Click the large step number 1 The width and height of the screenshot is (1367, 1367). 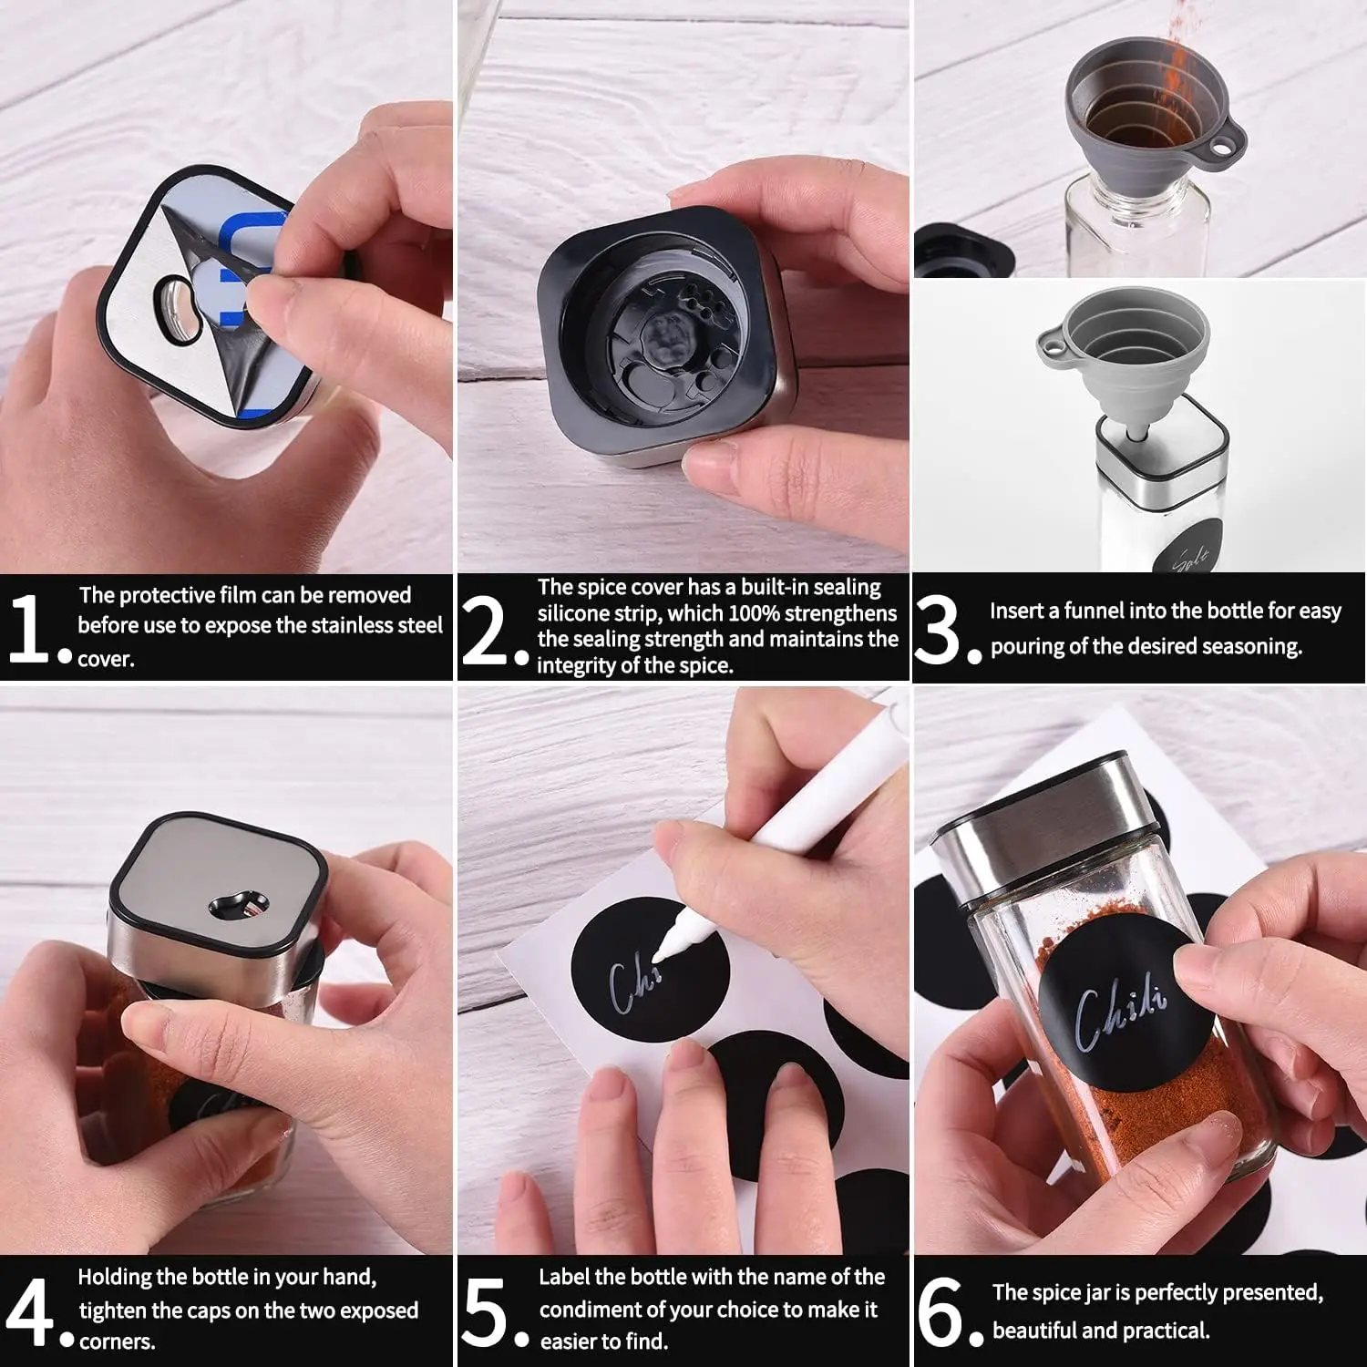(x=29, y=628)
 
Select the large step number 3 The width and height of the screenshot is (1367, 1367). (x=937, y=629)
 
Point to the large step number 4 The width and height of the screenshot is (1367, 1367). (x=30, y=1311)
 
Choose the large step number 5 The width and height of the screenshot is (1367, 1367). (x=484, y=1311)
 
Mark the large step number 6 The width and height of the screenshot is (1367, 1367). (x=940, y=1311)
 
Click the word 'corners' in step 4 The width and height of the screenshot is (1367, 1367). (x=117, y=1341)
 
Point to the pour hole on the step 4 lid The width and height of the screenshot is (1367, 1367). (x=239, y=904)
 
